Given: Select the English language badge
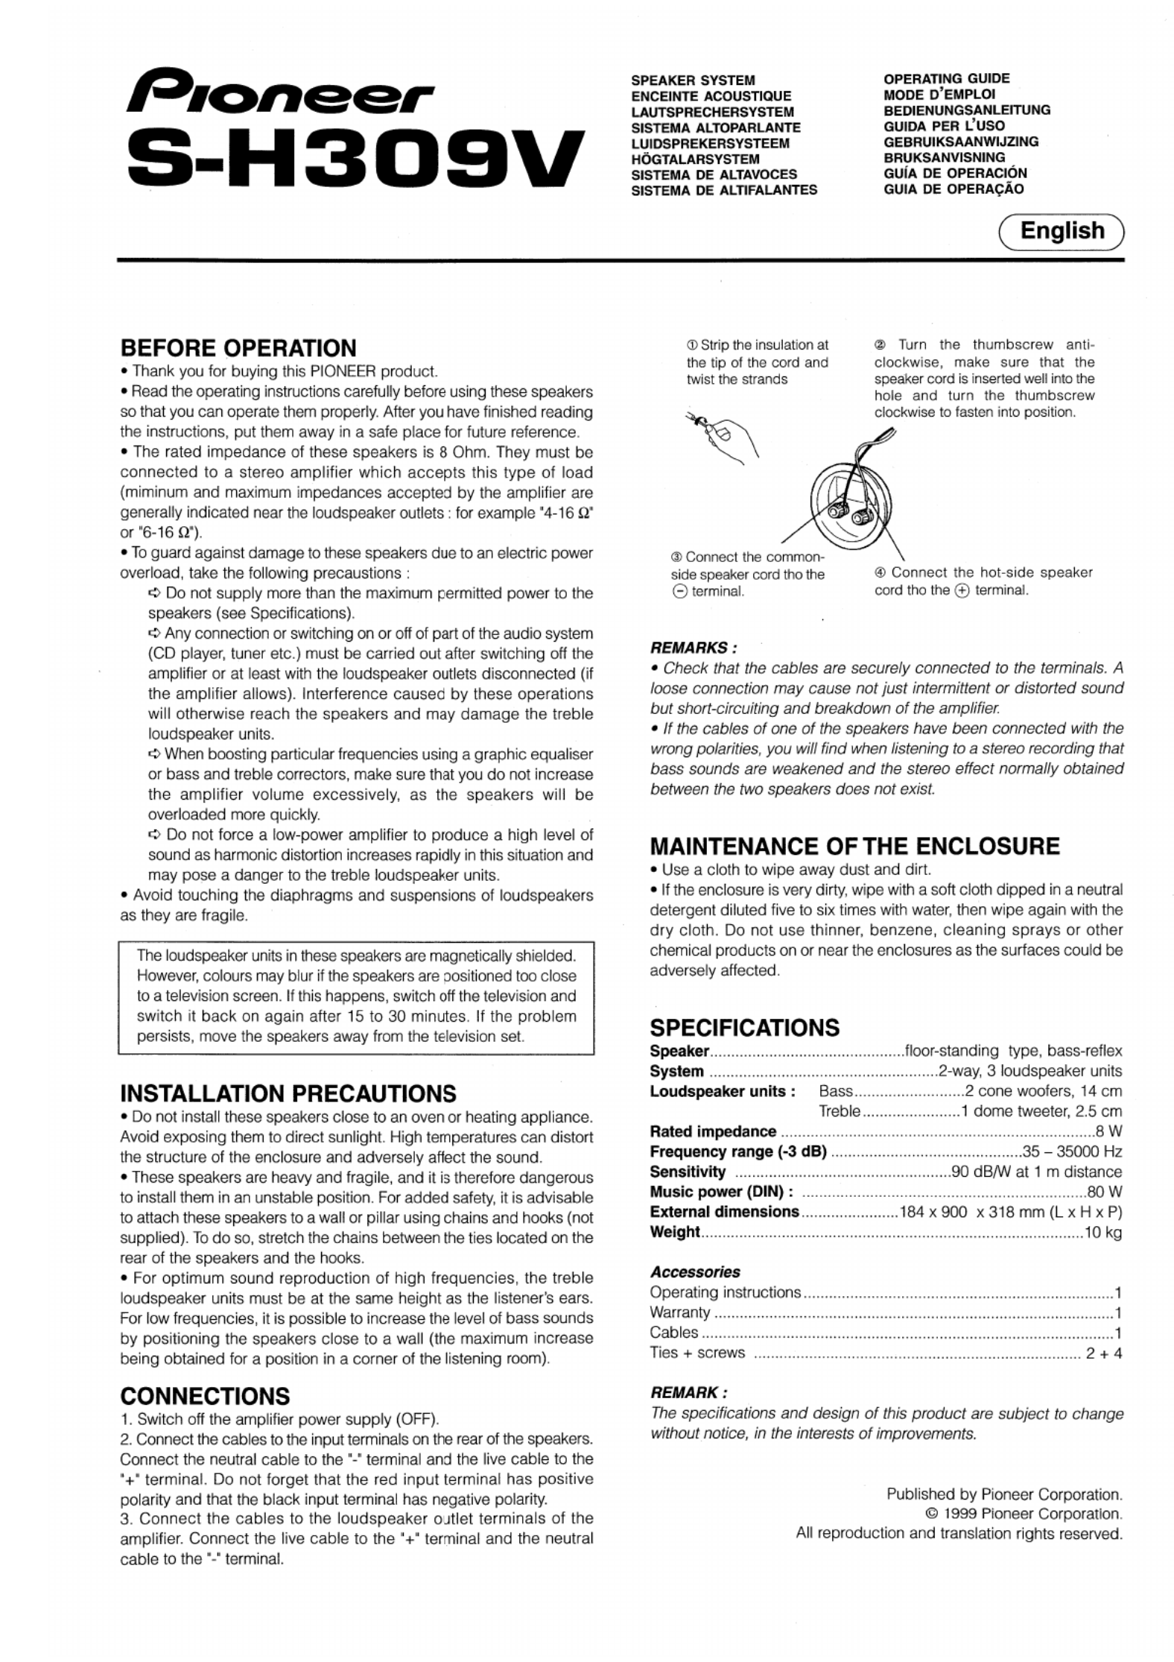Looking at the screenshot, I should [x=1062, y=231].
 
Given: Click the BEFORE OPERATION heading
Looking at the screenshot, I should [x=238, y=348].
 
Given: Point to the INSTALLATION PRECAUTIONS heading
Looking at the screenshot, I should [x=288, y=1093].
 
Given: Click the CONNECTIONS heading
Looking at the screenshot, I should [x=205, y=1396].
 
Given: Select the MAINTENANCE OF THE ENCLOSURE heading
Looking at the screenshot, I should [x=854, y=846].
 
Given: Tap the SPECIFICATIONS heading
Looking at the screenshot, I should [x=744, y=1028].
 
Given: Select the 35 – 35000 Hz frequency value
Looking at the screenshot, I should [x=1072, y=1151].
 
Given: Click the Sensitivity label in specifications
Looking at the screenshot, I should [x=687, y=1172].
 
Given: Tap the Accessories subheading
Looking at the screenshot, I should [x=695, y=1271].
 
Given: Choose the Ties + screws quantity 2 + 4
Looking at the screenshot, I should [x=1103, y=1353].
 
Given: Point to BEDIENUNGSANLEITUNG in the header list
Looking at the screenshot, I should [x=966, y=110].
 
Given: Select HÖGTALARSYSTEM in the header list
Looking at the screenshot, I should [x=695, y=159].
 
